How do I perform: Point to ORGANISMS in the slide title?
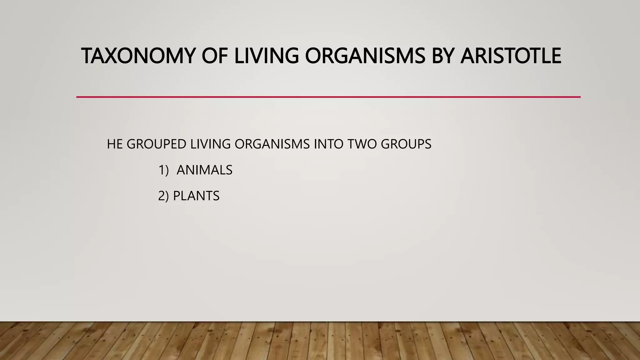[365, 56]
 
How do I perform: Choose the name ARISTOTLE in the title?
[511, 56]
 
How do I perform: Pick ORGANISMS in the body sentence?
[272, 144]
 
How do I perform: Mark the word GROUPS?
[406, 144]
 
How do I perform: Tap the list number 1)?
[163, 170]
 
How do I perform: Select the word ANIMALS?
[204, 170]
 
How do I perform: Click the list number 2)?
[163, 196]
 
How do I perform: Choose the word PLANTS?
[196, 196]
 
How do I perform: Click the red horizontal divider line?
[328, 97]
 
